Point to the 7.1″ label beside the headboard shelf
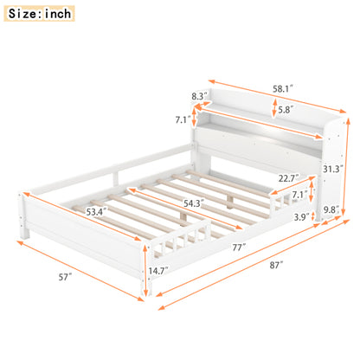click(182, 119)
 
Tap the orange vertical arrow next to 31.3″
click(345, 156)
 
